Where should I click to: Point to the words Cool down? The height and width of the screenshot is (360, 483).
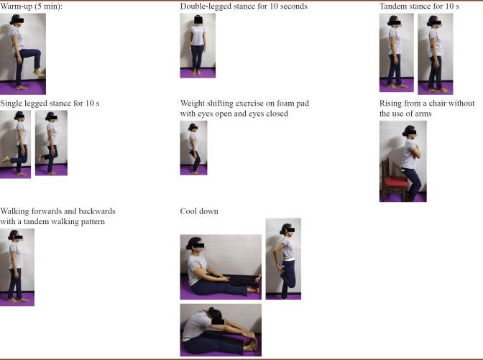(x=199, y=211)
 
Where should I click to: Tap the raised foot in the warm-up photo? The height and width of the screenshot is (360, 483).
(x=39, y=73)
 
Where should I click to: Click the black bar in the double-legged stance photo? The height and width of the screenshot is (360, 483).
(x=198, y=20)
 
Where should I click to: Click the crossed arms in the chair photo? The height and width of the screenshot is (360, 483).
(x=414, y=151)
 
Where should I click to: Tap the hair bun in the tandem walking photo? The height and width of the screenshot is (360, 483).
(x=11, y=236)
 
